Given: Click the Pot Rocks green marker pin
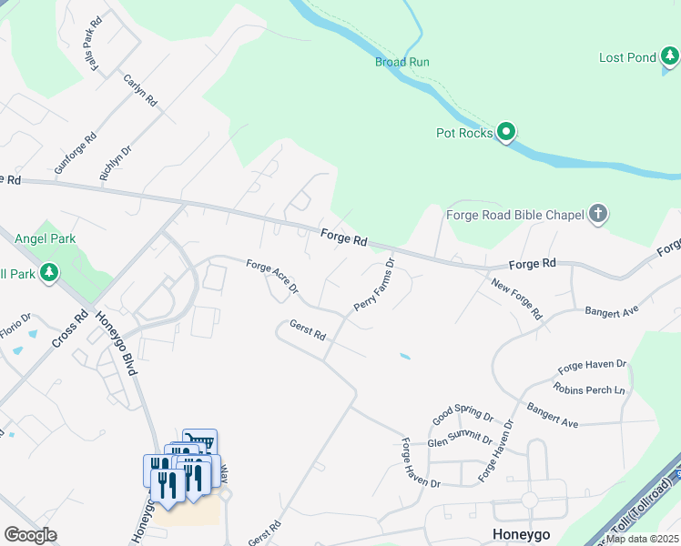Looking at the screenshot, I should point(507,134).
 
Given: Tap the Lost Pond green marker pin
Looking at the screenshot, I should point(670,58).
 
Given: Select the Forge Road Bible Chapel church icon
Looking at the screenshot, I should point(598,215).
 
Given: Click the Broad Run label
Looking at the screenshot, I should point(401,62).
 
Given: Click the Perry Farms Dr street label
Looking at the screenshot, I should point(374,285).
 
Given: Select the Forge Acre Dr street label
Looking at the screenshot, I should point(272,277).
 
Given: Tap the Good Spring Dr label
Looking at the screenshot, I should point(462,417).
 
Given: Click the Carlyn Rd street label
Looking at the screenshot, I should point(141,90).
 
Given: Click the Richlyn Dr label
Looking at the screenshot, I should point(116,161).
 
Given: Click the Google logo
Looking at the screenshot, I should point(30,535).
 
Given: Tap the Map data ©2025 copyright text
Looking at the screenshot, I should point(643,539).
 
